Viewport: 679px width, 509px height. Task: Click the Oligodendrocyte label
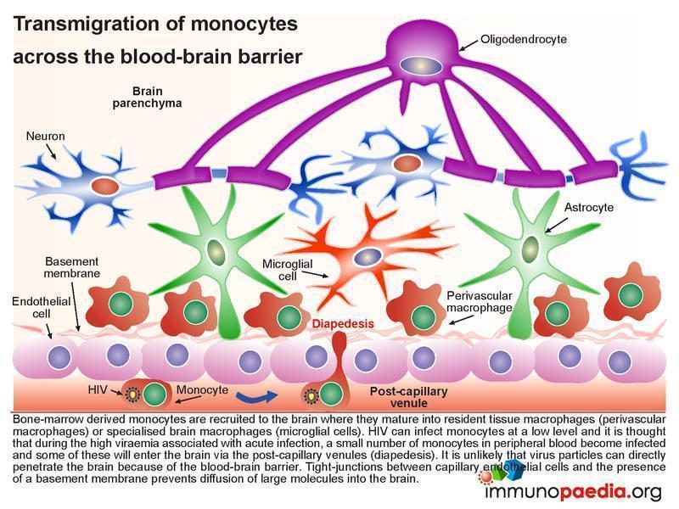coord(524,39)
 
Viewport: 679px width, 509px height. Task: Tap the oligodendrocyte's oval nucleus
coord(421,66)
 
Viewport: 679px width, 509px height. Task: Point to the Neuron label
coord(46,136)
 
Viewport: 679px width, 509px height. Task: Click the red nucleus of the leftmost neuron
coord(104,187)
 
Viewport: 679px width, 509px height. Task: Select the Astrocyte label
coord(589,207)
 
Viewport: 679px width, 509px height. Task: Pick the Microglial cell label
coord(287,270)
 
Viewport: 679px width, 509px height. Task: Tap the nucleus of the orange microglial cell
coord(368,257)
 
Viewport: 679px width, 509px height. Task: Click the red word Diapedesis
coord(343,323)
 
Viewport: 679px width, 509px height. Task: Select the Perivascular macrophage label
coord(480,302)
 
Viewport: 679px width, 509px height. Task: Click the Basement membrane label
coord(72,267)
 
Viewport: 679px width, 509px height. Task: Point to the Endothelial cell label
coord(41,307)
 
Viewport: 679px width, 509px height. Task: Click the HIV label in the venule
coord(98,389)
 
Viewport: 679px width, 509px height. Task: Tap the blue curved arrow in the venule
coord(256,396)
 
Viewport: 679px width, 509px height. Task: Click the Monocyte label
coord(202,389)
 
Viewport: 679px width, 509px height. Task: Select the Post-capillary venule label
coord(409,397)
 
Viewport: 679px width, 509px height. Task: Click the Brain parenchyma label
coord(147,97)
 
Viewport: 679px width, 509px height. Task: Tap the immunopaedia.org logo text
coord(573,492)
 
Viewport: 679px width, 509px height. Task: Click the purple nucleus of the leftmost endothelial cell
coord(59,357)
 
